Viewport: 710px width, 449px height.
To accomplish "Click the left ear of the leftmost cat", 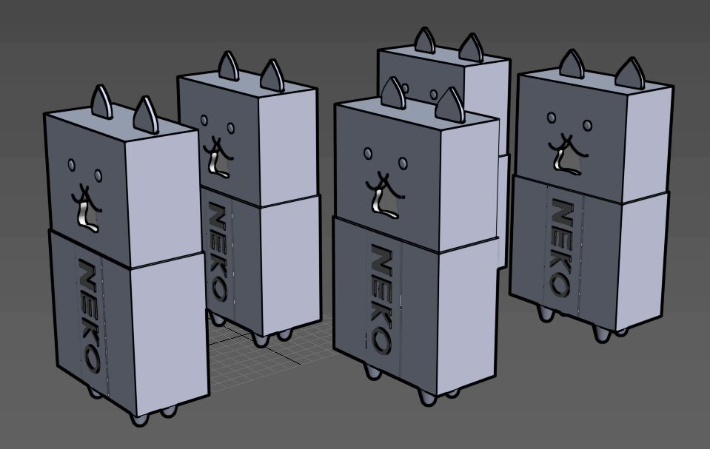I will click(101, 102).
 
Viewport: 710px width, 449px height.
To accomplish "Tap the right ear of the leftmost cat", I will click(145, 115).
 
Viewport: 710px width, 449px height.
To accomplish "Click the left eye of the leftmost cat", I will click(72, 165).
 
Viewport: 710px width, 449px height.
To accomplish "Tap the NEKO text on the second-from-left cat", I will click(218, 252).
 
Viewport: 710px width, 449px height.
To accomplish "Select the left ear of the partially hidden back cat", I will click(424, 41).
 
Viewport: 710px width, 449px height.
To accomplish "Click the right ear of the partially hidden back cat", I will click(471, 48).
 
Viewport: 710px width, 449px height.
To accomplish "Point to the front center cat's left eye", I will click(368, 154).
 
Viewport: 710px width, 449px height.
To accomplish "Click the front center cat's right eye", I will click(403, 163).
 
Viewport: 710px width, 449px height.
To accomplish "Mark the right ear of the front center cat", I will click(449, 105).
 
